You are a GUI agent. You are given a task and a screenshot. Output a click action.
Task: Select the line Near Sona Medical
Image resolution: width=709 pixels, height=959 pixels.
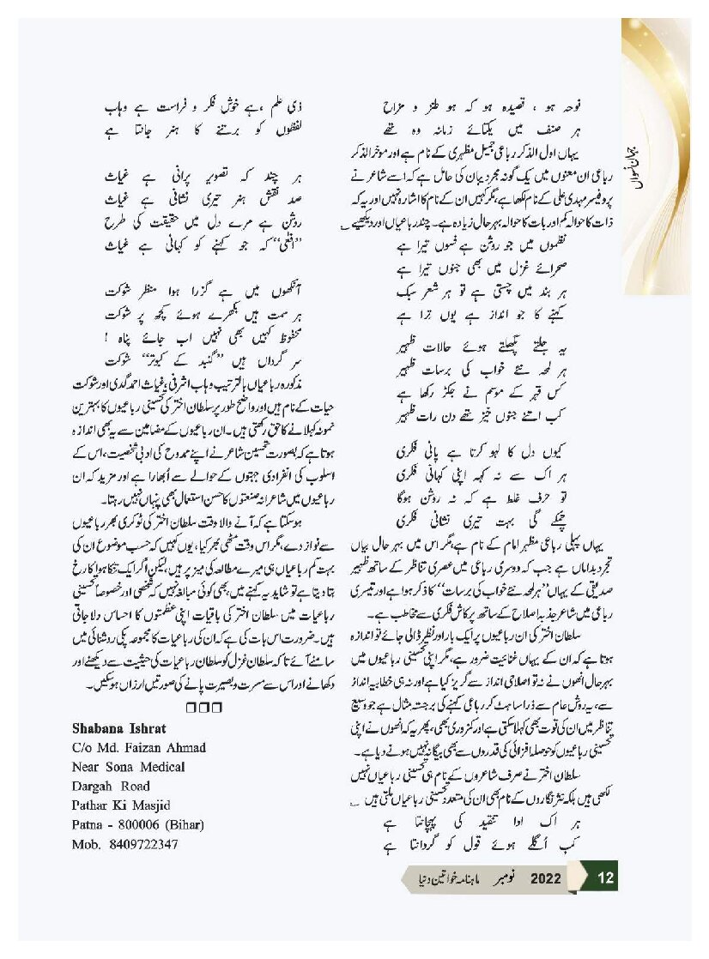[x=125, y=767]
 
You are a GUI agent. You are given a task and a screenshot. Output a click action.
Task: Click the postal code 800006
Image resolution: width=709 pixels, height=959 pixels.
[x=134, y=825]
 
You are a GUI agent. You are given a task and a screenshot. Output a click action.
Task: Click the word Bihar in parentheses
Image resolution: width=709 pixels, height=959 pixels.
[x=181, y=825]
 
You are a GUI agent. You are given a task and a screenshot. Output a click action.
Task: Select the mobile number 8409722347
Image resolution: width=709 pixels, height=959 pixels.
[x=142, y=845]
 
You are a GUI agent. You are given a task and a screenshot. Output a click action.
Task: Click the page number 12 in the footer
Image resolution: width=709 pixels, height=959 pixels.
[x=605, y=878]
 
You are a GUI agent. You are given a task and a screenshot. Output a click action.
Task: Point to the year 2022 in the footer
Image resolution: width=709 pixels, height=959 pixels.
[x=545, y=878]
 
